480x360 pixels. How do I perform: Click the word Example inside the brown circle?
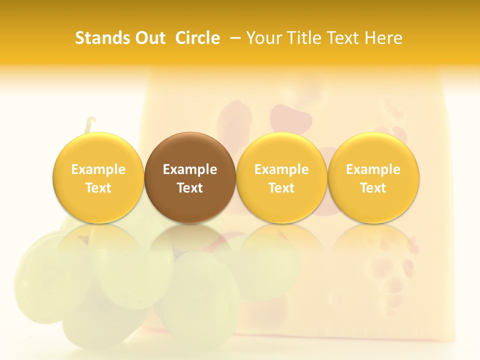tap(190, 169)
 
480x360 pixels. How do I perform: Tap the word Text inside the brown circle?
tap(190, 188)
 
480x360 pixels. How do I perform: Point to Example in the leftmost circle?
tap(98, 169)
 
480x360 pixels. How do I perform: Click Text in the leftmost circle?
tap(98, 188)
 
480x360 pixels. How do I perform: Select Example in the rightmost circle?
tap(373, 169)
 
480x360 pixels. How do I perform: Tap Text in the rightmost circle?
tap(373, 188)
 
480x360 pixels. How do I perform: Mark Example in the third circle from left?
tap(281, 169)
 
